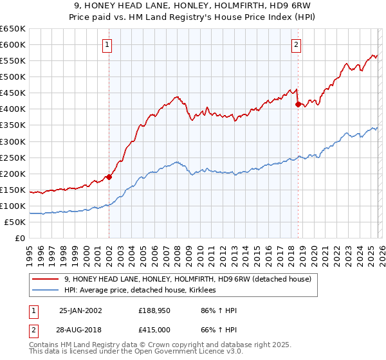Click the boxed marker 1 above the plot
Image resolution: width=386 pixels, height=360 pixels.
(x=107, y=45)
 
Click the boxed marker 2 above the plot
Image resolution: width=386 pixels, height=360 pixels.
(x=296, y=45)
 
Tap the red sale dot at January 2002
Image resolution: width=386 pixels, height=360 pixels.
(x=109, y=177)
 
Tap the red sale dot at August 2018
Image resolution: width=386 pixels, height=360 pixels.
(x=297, y=104)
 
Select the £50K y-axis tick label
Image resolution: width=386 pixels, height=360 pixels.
(x=15, y=222)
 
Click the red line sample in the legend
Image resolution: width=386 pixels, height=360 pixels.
(x=46, y=279)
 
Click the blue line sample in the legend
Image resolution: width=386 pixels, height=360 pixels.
(x=46, y=291)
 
